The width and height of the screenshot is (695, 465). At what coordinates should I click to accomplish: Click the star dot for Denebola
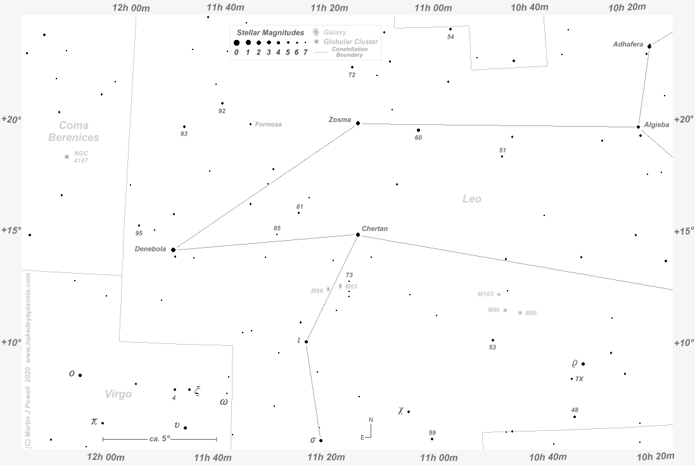coord(173,250)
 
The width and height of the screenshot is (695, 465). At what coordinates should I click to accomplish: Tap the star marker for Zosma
coord(358,123)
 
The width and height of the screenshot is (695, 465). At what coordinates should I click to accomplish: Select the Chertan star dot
coord(358,234)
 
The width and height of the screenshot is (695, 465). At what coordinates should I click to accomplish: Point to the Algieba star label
coord(656,125)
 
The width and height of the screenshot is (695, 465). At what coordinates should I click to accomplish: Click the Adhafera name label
coord(628,44)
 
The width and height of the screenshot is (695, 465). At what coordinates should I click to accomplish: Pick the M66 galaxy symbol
coord(328,289)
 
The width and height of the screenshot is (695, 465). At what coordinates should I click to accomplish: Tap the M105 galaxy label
coord(485,294)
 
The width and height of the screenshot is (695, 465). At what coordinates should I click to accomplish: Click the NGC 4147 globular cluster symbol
coord(67,156)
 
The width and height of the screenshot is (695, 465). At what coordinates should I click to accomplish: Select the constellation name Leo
coord(472,199)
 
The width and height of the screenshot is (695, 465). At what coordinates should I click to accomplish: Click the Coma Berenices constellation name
coord(73,131)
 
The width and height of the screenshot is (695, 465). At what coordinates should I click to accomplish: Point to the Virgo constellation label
coord(118,394)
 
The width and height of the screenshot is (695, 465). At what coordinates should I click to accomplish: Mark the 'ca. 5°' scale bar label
coord(160,438)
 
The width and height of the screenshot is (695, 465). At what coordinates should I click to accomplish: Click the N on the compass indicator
coord(371,420)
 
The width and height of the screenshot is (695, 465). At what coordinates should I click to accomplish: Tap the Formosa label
coord(269,124)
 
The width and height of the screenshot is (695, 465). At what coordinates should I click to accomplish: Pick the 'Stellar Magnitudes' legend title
coord(271,32)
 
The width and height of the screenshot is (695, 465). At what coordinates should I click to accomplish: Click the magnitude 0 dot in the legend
coord(236,43)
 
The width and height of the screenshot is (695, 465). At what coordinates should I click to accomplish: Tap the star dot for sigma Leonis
coord(321,440)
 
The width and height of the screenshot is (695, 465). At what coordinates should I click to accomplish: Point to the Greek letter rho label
coord(575,364)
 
